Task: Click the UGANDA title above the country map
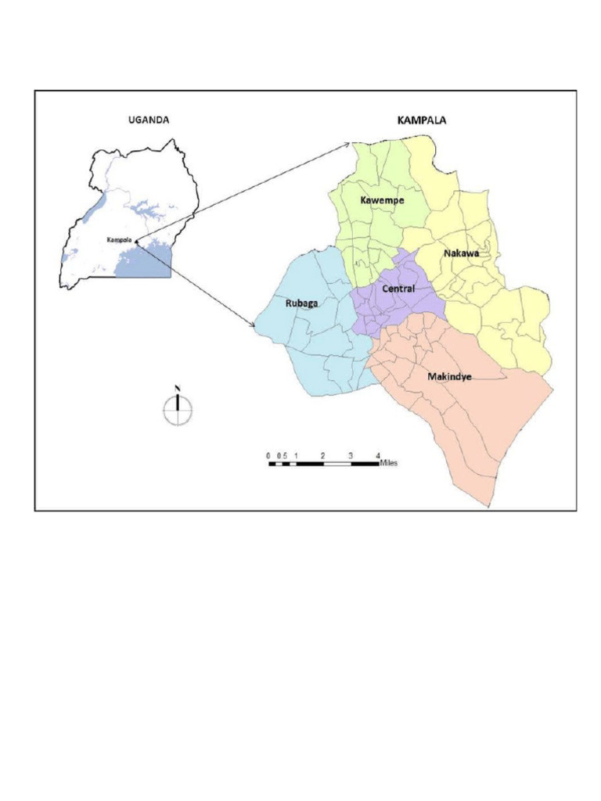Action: coord(149,120)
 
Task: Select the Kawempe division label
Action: coord(382,200)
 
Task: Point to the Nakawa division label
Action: coord(460,253)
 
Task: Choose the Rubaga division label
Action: coord(301,304)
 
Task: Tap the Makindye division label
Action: coord(449,376)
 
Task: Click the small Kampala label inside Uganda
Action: coord(119,239)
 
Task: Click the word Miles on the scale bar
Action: coord(389,463)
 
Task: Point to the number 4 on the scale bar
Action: coord(378,454)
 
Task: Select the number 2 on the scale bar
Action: coord(323,454)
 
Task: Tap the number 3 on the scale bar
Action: coord(351,454)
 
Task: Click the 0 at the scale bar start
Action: coord(268,454)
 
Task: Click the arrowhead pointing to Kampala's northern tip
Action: coord(347,144)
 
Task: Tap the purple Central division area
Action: coord(383,305)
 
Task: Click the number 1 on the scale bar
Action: coord(296,454)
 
